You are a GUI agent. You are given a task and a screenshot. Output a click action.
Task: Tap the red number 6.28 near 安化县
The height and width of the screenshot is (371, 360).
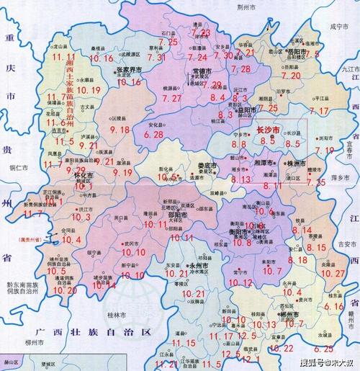(154, 134)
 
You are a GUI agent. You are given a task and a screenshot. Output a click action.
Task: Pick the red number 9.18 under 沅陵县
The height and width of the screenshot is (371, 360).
(119, 130)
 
